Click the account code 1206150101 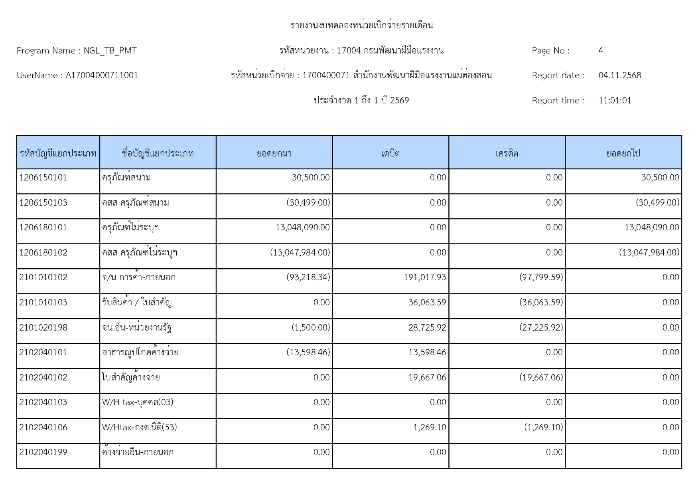[43, 178]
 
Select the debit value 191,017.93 [425, 277]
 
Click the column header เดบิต [390, 153]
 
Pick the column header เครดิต [507, 153]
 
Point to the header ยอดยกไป [623, 153]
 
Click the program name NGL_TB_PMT [110, 51]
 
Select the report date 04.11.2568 [619, 75]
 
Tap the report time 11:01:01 [615, 101]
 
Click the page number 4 [601, 51]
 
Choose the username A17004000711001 [102, 75]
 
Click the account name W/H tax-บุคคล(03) [138, 402]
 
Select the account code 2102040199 [43, 452]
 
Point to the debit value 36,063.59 [427, 303]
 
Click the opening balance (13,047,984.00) [300, 253]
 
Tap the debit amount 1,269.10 [430, 428]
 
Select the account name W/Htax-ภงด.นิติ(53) [139, 428]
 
